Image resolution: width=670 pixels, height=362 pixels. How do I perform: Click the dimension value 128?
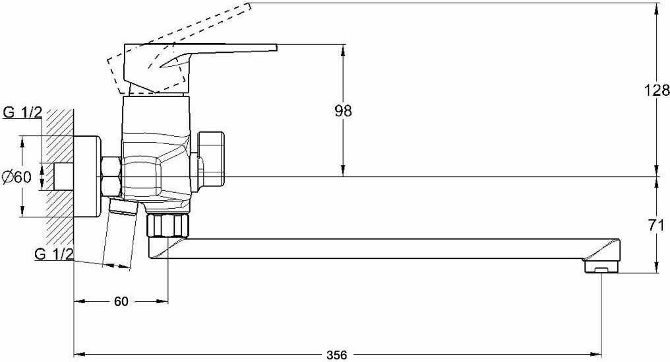tap(657, 91)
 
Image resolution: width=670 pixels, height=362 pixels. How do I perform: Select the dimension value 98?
tap(343, 111)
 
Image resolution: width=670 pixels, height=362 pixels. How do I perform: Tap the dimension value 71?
tap(656, 225)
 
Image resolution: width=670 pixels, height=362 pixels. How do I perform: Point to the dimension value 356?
tap(337, 354)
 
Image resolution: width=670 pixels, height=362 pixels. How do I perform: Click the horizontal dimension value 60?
tap(121, 302)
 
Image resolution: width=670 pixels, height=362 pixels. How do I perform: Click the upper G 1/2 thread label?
tap(22, 112)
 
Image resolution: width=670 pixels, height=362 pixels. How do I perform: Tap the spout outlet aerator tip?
tap(600, 268)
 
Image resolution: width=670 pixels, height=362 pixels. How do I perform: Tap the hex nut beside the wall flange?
tap(110, 176)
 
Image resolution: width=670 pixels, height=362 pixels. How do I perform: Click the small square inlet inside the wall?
tap(63, 176)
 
